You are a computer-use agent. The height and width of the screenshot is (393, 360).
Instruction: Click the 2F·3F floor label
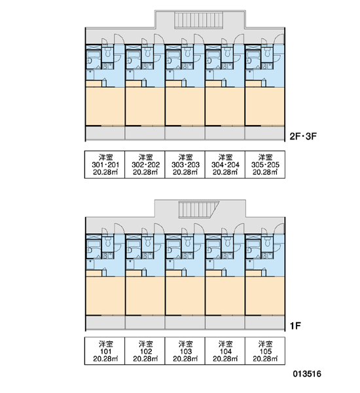[x=303, y=136]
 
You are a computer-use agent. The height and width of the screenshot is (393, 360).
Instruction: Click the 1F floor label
[x=295, y=326]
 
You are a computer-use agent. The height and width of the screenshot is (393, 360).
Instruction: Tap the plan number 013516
[x=307, y=374]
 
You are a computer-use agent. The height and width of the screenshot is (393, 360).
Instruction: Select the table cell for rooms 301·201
[x=105, y=164]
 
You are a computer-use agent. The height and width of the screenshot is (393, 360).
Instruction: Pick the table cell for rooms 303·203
[x=185, y=164]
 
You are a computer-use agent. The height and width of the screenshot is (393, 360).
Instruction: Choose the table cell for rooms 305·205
[x=265, y=164]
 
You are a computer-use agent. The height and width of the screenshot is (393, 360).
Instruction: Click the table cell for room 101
[x=105, y=351]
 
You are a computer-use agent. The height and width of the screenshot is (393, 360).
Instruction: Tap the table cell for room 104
[x=225, y=351]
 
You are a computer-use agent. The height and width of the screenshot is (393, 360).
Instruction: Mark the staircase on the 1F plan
[x=198, y=210]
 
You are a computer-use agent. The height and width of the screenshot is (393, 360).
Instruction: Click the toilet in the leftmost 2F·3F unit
[x=108, y=52]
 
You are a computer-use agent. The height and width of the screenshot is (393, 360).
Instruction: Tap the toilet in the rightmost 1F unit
[x=268, y=242]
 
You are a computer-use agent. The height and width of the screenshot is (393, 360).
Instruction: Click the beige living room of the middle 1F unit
[x=185, y=296]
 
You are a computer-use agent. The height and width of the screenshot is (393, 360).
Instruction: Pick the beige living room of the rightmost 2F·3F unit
[x=265, y=106]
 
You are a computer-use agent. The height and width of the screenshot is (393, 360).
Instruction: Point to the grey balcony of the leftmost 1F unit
[x=105, y=322]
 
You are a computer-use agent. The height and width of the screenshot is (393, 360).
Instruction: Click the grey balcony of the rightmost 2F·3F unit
[x=265, y=133]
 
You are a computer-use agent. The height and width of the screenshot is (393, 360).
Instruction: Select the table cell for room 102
[x=145, y=351]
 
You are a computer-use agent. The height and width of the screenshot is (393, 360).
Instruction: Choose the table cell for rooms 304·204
[x=225, y=164]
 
